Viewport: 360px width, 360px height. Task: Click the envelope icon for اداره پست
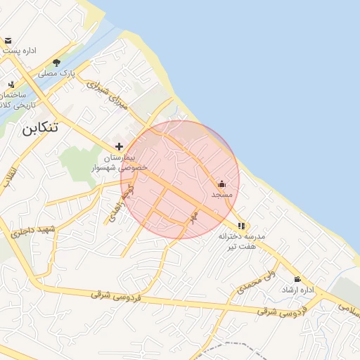pos(8,41)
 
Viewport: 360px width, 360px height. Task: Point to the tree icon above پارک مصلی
pos(57,63)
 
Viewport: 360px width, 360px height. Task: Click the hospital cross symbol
pos(120,147)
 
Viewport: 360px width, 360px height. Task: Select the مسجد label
pos(221,193)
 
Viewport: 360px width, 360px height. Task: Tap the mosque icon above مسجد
pos(221,184)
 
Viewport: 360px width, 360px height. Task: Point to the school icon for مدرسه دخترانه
pos(242,226)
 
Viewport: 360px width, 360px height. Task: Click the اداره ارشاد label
pos(297,290)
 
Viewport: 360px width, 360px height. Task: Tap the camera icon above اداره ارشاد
pos(297,279)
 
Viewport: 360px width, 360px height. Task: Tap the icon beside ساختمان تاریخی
pos(11,84)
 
